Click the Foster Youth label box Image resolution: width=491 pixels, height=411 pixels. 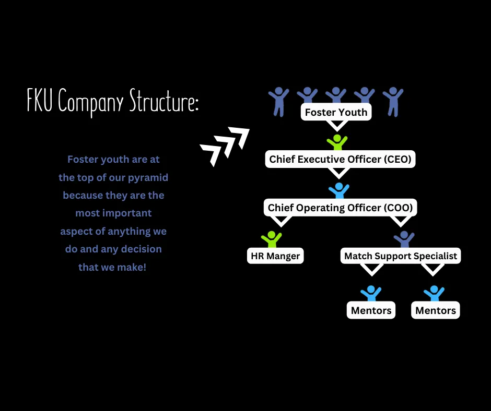tap(336, 112)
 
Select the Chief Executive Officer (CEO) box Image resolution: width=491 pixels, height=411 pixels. tap(340, 159)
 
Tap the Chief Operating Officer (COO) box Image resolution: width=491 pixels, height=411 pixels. tap(340, 208)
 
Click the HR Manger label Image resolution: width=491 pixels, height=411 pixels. tap(275, 256)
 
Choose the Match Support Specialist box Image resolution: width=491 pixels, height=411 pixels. tap(401, 256)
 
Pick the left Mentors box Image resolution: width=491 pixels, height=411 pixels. tap(371, 310)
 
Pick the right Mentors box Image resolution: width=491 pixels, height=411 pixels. tap(436, 310)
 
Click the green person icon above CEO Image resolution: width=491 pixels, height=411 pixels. tap(337, 142)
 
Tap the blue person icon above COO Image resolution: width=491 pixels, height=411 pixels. tap(339, 190)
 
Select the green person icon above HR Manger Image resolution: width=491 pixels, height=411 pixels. tap(271, 239)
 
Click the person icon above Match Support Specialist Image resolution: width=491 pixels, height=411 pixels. tap(404, 239)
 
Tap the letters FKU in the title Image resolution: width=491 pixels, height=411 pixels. tap(41, 101)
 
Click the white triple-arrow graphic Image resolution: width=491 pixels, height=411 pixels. tap(225, 146)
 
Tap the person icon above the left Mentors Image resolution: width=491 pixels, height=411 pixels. tap(371, 293)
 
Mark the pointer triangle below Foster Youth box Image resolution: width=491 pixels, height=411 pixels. tap(337, 125)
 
